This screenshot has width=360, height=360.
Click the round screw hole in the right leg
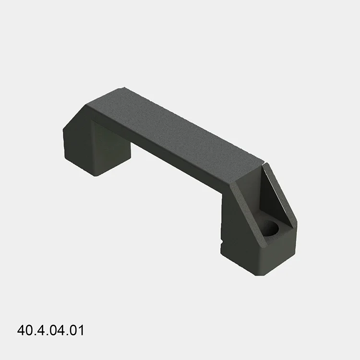tap(272, 229)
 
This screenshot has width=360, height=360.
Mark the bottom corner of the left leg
tap(96, 176)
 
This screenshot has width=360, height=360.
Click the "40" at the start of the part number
tap(24, 331)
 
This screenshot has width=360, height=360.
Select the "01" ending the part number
tap(77, 331)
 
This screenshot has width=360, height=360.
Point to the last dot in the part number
tap(67, 335)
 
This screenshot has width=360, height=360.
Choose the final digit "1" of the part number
tap(81, 331)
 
